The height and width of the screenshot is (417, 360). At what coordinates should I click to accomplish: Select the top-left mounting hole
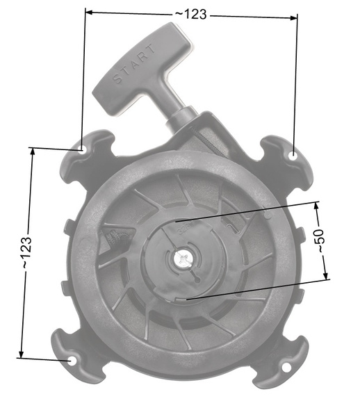[x=81, y=148]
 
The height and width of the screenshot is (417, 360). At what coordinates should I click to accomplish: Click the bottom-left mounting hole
[x=73, y=362]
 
